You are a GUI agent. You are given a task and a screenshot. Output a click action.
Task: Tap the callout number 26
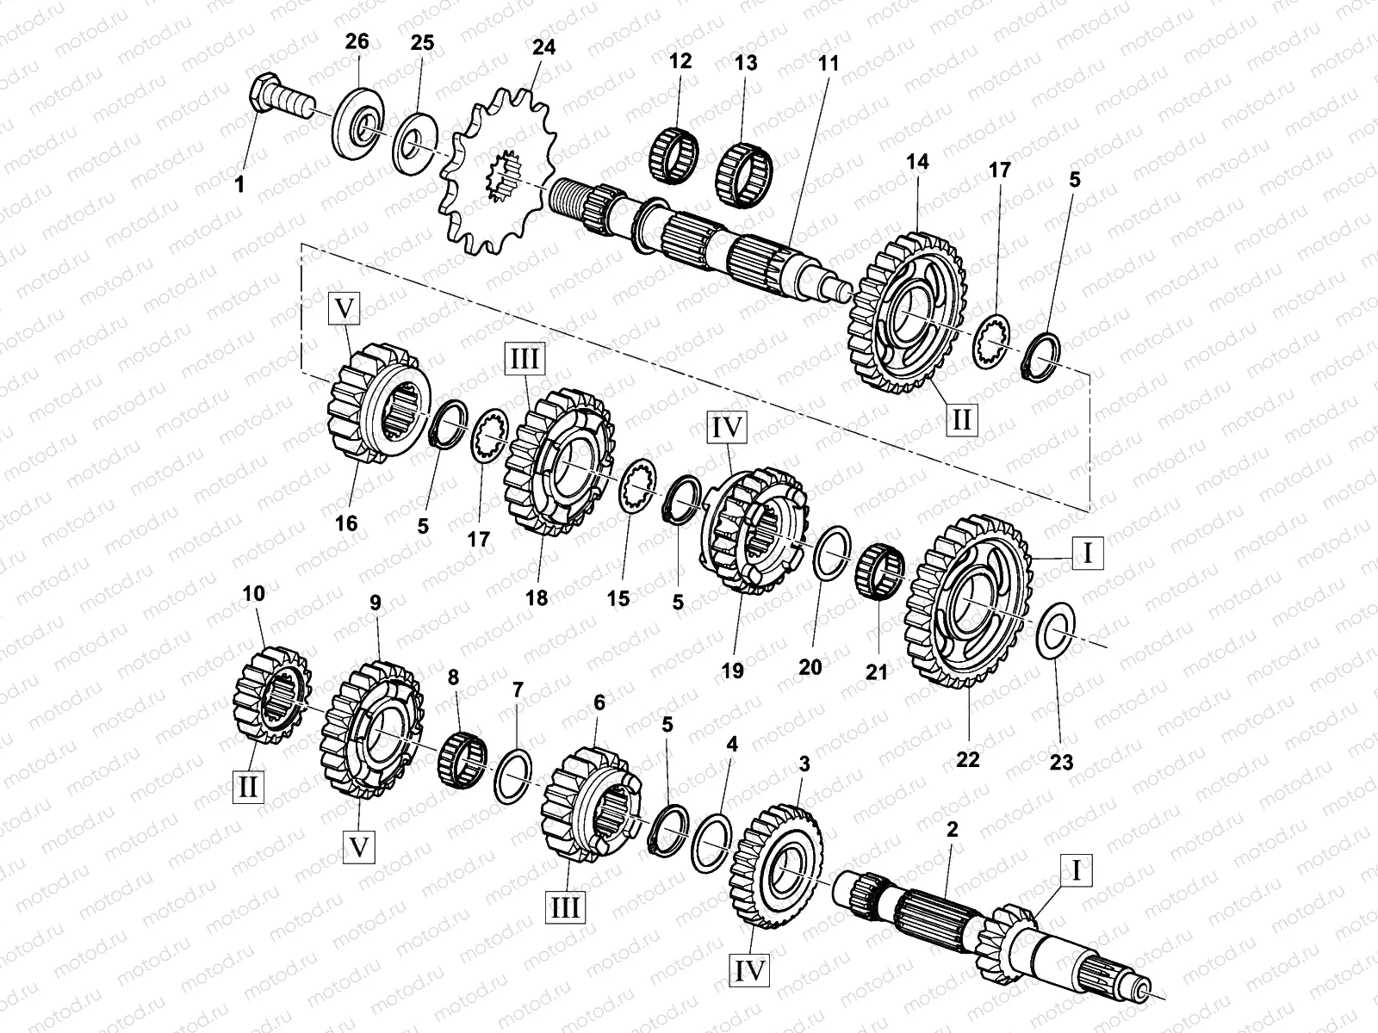click(357, 41)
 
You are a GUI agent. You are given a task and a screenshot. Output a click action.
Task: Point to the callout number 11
click(829, 63)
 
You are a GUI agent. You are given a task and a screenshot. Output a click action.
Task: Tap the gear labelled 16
click(373, 405)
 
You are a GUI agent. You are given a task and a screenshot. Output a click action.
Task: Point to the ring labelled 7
click(512, 774)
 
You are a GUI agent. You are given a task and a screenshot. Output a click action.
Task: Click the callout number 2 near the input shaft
click(952, 830)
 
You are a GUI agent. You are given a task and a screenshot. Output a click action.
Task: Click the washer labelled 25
click(417, 136)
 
